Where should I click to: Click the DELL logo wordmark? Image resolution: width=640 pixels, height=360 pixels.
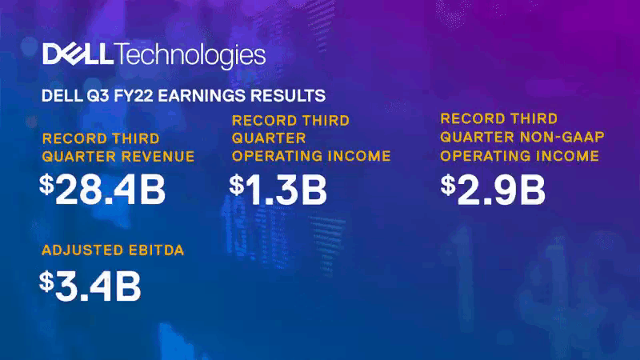(78, 54)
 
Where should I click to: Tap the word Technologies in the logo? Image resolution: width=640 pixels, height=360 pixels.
(190, 55)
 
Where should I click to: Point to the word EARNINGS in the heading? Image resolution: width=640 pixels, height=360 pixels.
(202, 95)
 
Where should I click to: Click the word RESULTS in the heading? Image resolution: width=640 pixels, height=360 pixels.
(288, 95)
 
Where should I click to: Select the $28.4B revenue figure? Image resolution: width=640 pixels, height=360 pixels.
(102, 189)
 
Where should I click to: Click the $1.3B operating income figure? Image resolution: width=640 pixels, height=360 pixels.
(278, 189)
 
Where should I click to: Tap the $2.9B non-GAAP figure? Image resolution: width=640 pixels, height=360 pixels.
(493, 189)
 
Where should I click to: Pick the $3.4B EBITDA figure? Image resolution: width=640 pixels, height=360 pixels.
(90, 286)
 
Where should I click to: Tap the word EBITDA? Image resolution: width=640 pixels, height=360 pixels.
(156, 250)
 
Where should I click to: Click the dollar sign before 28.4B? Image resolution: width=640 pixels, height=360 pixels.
(46, 184)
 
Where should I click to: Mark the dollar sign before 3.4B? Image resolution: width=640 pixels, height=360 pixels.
(46, 281)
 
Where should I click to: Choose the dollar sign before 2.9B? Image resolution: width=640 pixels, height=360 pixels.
(448, 184)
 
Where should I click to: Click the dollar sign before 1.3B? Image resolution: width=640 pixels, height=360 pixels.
(236, 184)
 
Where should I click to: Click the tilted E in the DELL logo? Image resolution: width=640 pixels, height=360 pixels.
(73, 54)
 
